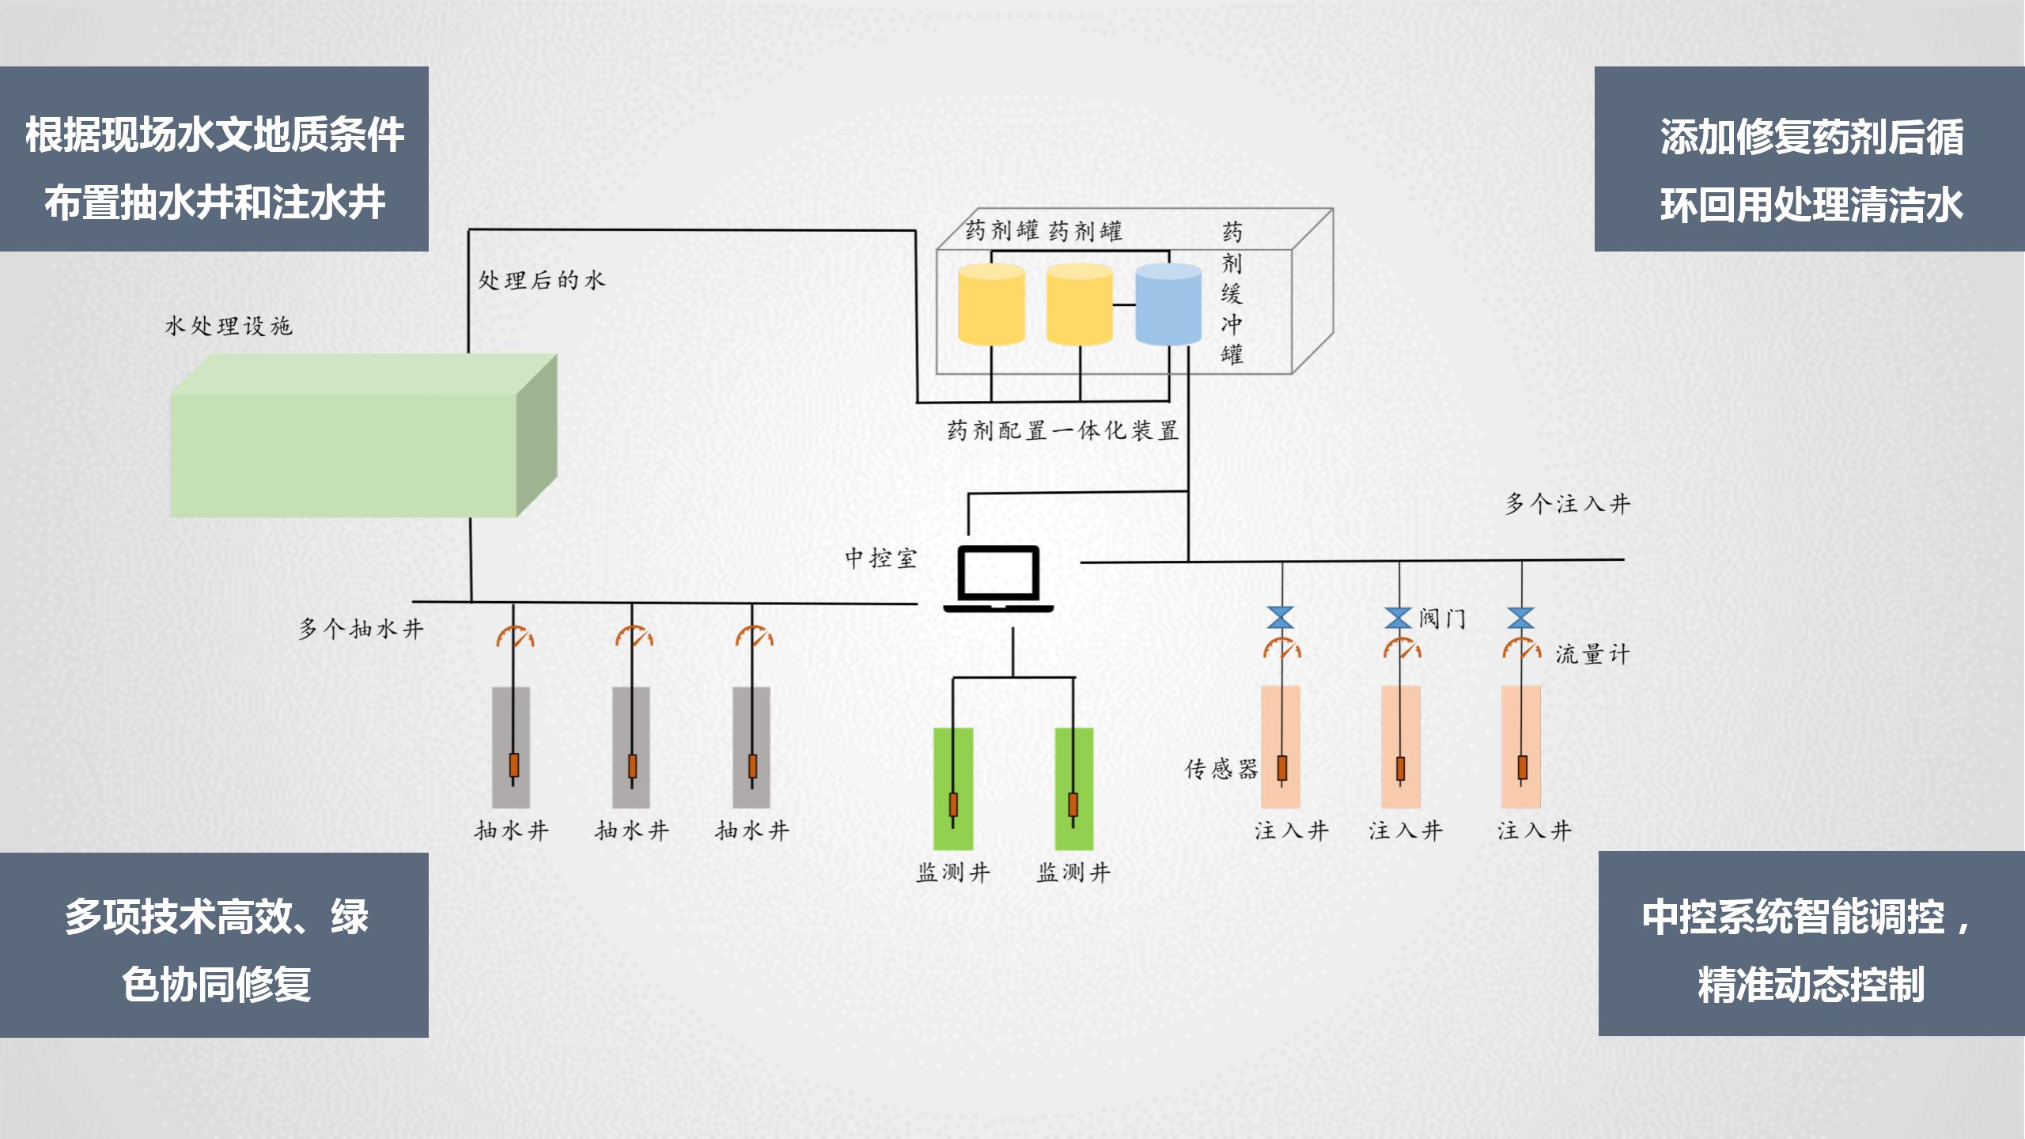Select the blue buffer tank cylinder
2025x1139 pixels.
[1168, 305]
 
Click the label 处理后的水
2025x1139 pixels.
[541, 280]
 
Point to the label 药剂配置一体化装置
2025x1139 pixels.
[1062, 430]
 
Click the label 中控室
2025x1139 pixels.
[880, 558]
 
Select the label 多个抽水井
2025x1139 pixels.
[361, 629]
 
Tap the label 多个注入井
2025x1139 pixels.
[1567, 504]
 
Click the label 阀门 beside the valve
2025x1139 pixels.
[1442, 619]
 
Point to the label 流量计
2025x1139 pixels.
[1592, 654]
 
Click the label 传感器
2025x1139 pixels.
[1221, 769]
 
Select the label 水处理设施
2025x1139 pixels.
[228, 326]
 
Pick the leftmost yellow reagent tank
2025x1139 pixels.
[991, 305]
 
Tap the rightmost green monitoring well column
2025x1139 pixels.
[1073, 788]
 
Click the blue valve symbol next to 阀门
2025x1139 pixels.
[1399, 618]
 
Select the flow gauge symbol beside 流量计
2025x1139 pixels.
[1521, 649]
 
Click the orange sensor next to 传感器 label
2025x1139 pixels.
[1282, 767]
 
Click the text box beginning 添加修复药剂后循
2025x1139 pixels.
[1809, 159]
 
